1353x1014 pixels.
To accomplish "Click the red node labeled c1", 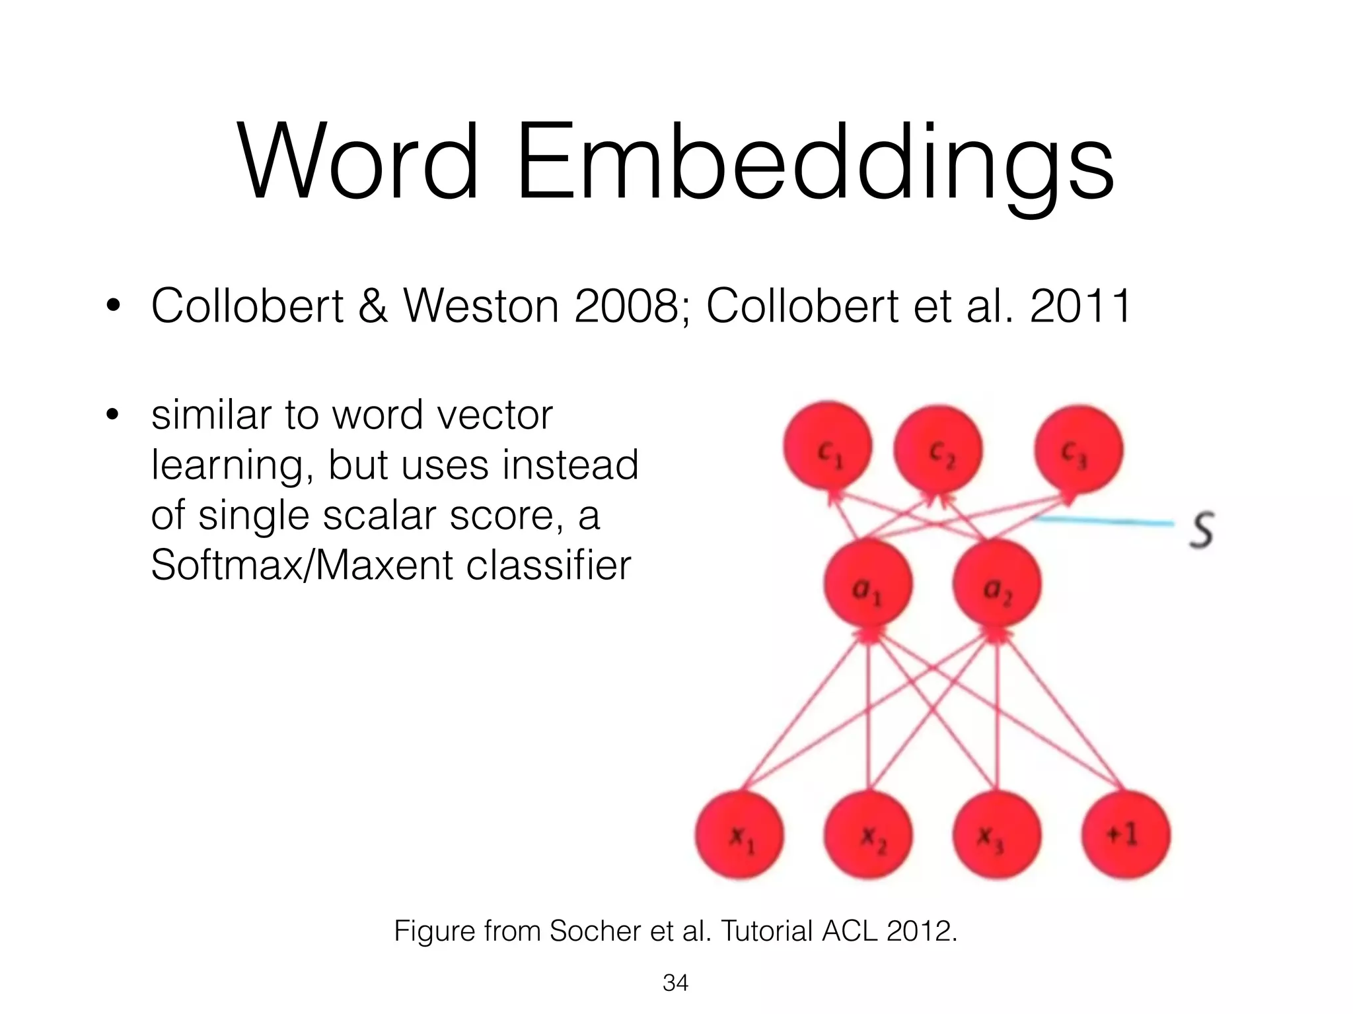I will [x=827, y=447].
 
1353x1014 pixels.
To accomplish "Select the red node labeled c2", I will [x=937, y=449].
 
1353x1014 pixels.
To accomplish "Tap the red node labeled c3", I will [x=1078, y=450].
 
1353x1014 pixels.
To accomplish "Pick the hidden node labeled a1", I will [x=868, y=585].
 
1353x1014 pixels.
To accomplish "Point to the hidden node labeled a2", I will [x=996, y=585].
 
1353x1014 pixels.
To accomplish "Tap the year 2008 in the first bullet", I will [x=631, y=306].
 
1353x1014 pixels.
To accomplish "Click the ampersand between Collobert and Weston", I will [x=373, y=306].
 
